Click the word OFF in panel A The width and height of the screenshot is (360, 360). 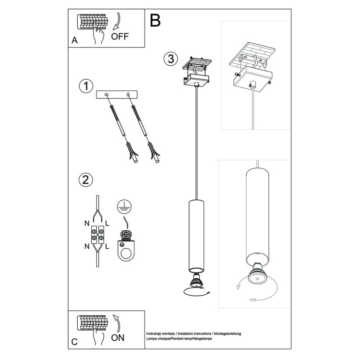[x=120, y=36]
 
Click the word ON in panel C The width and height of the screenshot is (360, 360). [x=118, y=337]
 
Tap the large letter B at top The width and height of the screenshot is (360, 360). [x=155, y=20]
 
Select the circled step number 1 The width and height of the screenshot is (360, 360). [x=85, y=86]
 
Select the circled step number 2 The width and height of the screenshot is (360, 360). [x=85, y=180]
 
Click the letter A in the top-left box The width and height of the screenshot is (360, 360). [x=74, y=41]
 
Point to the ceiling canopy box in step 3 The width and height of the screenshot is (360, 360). [x=197, y=80]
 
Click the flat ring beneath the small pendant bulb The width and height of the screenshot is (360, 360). [x=195, y=290]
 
